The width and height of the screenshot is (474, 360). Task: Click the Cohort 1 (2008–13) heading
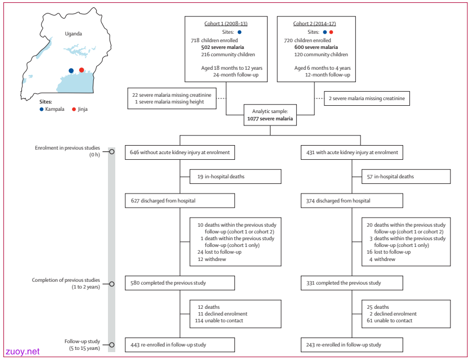click(226, 24)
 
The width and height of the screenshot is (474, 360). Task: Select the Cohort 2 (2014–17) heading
click(314, 24)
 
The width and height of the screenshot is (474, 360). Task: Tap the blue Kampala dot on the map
click(71, 71)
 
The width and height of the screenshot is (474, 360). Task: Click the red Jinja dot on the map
click(82, 70)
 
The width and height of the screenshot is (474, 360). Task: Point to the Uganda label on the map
click(73, 34)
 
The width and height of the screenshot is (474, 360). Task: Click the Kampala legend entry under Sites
click(52, 109)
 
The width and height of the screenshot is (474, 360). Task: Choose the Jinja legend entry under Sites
click(80, 109)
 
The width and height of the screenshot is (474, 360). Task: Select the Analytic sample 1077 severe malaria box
click(270, 115)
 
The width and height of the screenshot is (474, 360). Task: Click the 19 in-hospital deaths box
click(236, 177)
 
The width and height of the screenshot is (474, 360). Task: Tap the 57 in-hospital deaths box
click(406, 177)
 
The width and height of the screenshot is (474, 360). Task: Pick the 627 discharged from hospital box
click(180, 201)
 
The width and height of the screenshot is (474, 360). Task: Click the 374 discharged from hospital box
click(352, 201)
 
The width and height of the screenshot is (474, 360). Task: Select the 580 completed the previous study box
click(180, 283)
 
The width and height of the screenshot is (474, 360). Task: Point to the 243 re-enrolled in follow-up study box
click(352, 345)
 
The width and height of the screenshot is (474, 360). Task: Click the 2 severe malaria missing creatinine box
click(367, 98)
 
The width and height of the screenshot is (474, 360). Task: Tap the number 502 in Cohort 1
click(206, 47)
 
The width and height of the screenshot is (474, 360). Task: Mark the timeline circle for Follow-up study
click(112, 345)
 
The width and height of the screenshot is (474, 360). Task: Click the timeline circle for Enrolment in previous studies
click(112, 151)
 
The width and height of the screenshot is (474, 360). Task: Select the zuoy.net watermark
click(22, 352)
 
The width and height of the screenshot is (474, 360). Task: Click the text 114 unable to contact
click(219, 321)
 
